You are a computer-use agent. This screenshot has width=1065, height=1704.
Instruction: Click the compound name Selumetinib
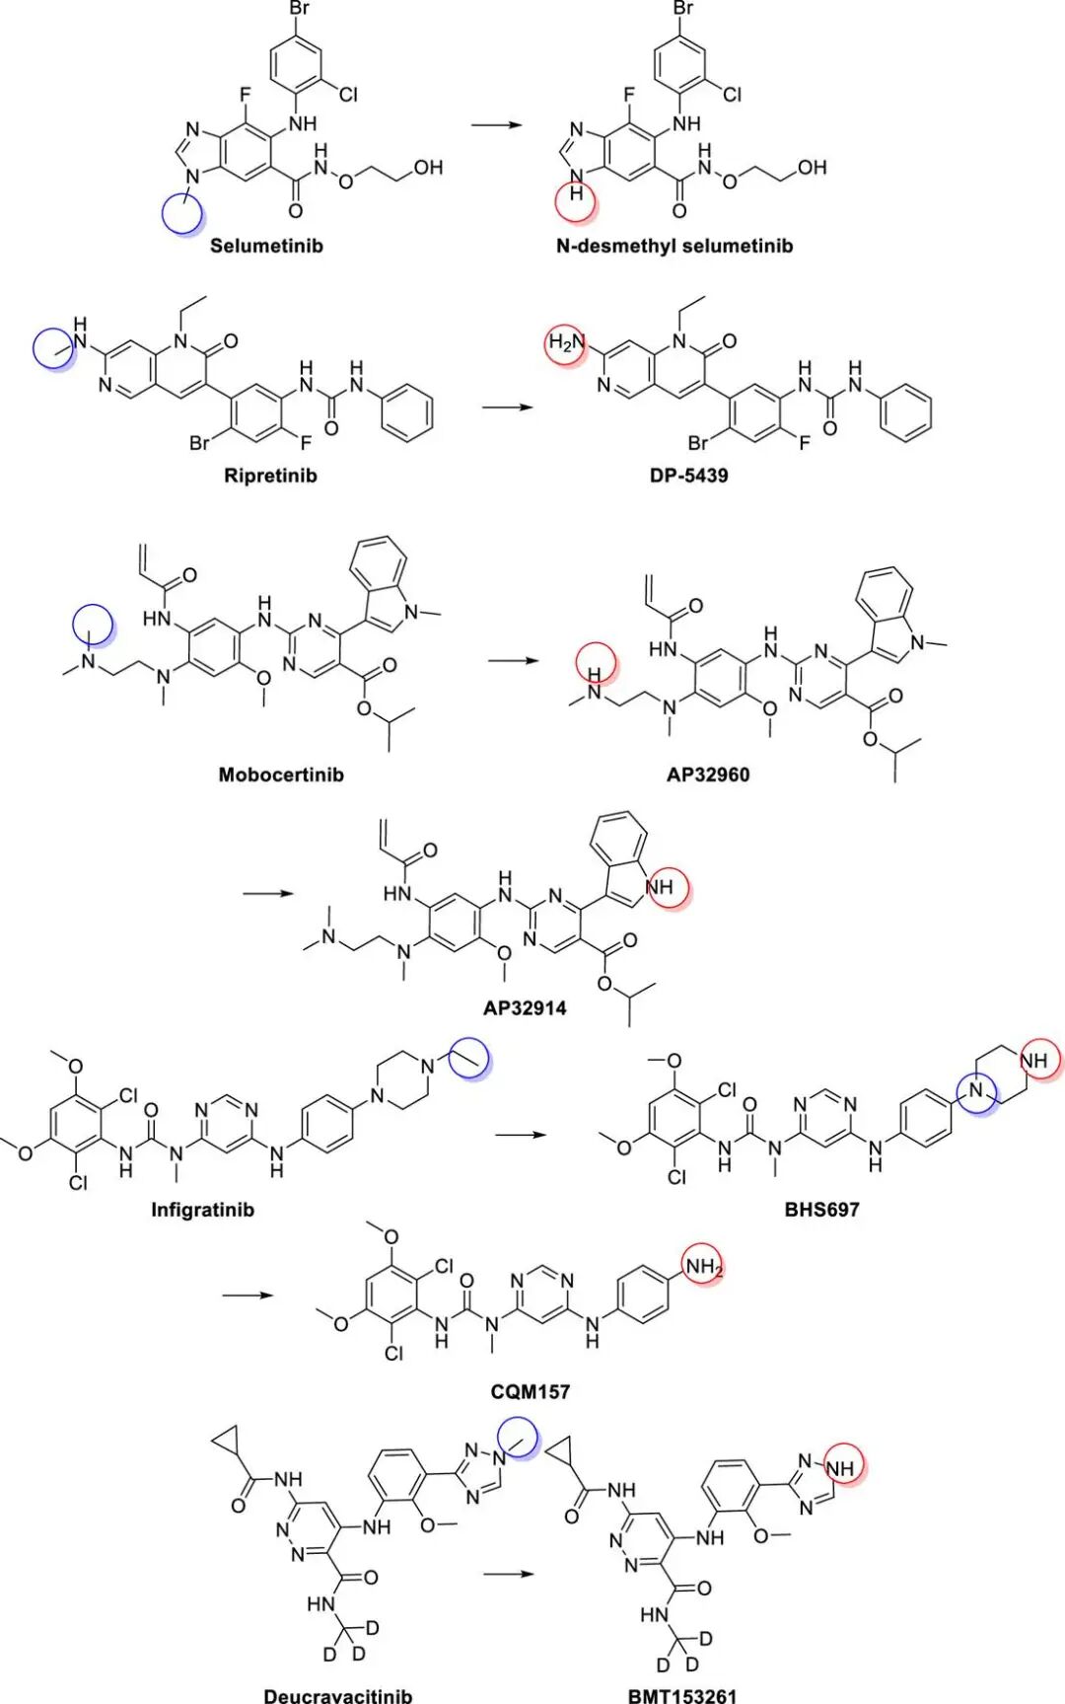point(266,245)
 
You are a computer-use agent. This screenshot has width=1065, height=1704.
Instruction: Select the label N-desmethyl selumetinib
point(674,245)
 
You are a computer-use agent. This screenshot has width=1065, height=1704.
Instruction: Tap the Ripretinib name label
point(270,475)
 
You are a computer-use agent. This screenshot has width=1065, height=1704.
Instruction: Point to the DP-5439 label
point(688,475)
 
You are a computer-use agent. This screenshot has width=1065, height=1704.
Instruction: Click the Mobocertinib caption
point(281,775)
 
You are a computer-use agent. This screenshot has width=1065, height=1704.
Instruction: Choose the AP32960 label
point(707,775)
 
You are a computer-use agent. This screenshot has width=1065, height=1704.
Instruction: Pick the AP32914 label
point(525,1007)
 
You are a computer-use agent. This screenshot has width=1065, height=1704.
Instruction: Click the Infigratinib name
point(202,1209)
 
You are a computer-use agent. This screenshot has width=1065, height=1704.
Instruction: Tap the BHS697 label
point(821,1209)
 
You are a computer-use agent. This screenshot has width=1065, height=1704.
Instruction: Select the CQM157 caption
point(531,1391)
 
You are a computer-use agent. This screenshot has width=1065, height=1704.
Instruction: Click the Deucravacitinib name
point(337,1695)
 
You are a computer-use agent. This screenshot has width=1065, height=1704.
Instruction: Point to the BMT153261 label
point(682,1695)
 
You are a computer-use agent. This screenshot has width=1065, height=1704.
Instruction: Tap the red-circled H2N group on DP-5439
point(567,343)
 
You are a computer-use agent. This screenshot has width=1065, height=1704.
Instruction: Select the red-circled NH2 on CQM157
point(703,1266)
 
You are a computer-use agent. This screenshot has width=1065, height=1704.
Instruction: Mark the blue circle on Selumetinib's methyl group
point(182,213)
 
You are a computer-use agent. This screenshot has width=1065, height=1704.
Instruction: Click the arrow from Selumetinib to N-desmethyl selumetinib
point(497,125)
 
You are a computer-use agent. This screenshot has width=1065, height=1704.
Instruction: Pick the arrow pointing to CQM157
point(248,1295)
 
